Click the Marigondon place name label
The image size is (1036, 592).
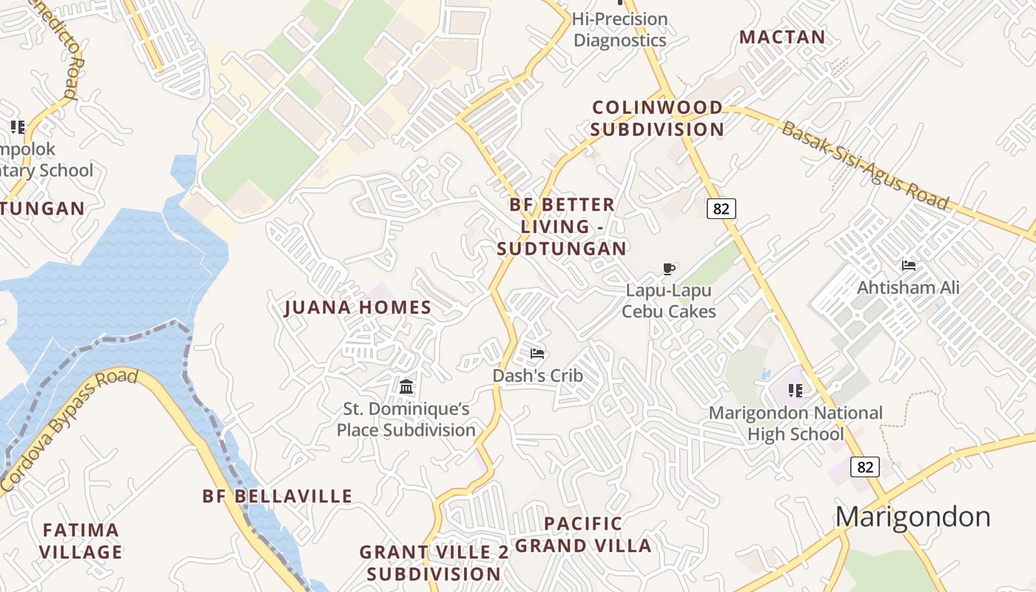point(912,517)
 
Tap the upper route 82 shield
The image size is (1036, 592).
point(721,209)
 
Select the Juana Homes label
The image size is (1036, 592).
point(358,308)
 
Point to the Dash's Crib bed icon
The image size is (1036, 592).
point(537,354)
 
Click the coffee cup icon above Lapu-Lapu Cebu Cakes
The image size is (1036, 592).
point(669,269)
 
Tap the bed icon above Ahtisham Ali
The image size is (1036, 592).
point(908,266)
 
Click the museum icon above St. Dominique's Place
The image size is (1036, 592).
point(406,386)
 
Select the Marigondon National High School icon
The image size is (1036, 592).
point(795,390)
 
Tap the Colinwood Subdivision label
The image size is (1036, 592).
point(657,118)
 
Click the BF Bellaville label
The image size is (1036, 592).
point(277,496)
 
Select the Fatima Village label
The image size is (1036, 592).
point(81,541)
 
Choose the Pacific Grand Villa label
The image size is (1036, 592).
point(583,535)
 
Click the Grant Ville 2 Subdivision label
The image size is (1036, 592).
point(434,562)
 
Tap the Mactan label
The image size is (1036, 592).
point(782,37)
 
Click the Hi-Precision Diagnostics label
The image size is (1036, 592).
point(620,30)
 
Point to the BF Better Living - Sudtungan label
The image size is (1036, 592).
point(562,226)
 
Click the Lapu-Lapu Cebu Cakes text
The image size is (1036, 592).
point(669,300)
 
